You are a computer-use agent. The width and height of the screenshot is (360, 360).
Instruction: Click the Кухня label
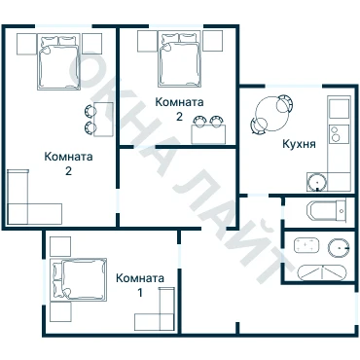(x=299, y=144)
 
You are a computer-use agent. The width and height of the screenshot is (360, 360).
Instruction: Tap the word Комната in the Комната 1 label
(x=140, y=278)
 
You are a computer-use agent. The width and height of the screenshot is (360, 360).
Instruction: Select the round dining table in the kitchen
(x=271, y=114)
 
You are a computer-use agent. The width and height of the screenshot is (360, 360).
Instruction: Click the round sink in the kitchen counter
(x=316, y=183)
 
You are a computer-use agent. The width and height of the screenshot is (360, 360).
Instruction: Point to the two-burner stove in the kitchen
(x=340, y=134)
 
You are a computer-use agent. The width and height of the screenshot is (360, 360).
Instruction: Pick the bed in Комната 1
(x=80, y=279)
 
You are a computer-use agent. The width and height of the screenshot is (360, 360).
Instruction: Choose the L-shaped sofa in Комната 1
(x=155, y=309)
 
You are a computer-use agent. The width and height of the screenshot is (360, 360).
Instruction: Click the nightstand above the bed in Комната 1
(x=60, y=246)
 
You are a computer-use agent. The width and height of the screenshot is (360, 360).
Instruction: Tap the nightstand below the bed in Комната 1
(x=60, y=311)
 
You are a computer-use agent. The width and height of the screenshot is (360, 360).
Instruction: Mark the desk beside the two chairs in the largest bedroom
(x=104, y=119)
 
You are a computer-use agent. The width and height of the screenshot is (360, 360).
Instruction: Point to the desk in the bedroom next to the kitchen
(x=208, y=134)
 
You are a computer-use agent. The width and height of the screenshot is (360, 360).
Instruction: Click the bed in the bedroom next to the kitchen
(x=179, y=59)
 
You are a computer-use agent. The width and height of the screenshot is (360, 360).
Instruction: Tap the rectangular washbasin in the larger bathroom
(x=306, y=245)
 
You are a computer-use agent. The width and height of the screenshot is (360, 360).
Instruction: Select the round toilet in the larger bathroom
(x=339, y=248)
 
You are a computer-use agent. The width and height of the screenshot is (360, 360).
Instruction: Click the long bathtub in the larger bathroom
(x=322, y=272)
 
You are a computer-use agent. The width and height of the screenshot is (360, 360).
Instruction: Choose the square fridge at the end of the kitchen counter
(x=340, y=108)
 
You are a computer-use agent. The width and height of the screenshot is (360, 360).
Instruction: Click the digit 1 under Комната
(x=140, y=293)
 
